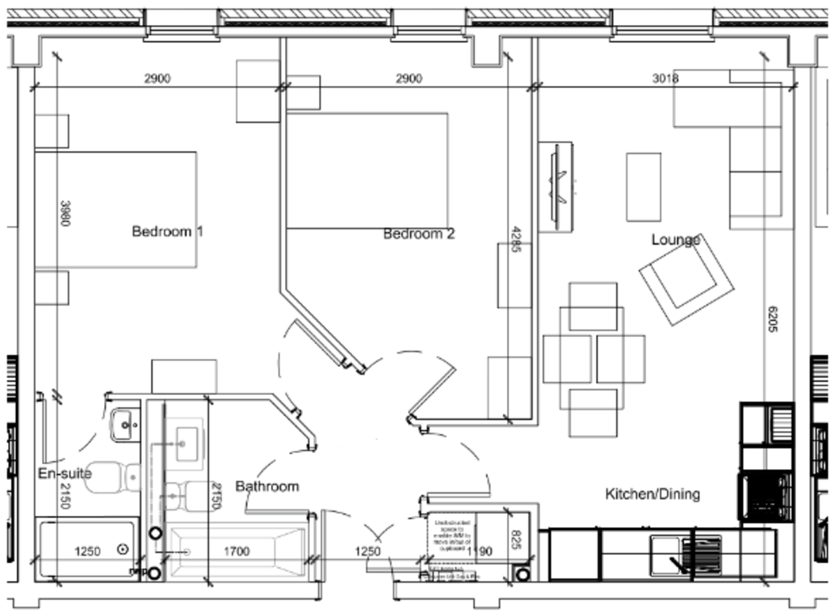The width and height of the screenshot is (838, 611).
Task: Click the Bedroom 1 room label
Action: coord(168,231)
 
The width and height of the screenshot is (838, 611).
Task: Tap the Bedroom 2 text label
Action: coord(419,234)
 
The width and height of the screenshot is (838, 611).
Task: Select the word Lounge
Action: coord(675,240)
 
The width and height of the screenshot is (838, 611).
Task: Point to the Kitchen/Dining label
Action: coord(652,495)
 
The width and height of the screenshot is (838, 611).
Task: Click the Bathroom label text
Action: coord(267,486)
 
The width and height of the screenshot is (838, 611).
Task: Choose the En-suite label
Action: coord(64,474)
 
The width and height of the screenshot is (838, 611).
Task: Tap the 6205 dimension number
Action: coord(772,318)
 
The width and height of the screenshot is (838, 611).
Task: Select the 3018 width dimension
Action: coord(666,78)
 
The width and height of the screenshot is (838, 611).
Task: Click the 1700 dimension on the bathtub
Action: coord(236,552)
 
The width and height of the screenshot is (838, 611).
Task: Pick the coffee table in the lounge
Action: coord(643,187)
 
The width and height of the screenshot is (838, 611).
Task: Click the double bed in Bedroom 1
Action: coord(116,210)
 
